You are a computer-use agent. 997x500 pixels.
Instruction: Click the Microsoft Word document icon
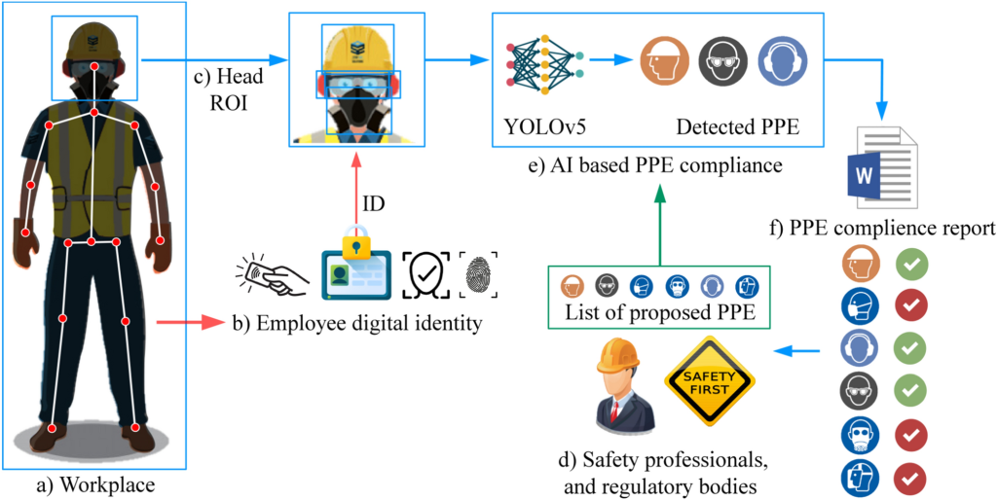click(883, 168)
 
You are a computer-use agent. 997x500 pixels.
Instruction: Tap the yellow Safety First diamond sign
click(704, 379)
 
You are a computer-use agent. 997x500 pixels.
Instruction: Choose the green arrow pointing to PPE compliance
click(660, 225)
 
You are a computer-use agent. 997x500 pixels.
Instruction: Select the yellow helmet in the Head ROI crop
click(352, 49)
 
